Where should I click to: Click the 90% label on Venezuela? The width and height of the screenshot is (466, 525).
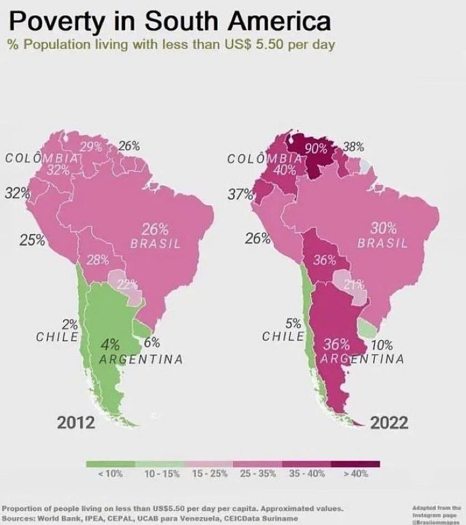click(316, 148)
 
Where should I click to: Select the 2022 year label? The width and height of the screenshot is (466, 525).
click(389, 422)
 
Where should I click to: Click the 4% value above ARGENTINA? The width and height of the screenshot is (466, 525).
click(110, 344)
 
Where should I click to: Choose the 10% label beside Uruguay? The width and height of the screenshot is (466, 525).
click(382, 345)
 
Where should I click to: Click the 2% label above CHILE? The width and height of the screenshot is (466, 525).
click(70, 324)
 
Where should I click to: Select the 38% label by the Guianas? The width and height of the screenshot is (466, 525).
click(354, 147)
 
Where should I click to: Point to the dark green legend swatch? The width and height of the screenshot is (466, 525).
click(110, 465)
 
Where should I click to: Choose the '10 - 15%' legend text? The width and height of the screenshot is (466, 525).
click(160, 475)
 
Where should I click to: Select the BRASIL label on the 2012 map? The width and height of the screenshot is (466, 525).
click(155, 243)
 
